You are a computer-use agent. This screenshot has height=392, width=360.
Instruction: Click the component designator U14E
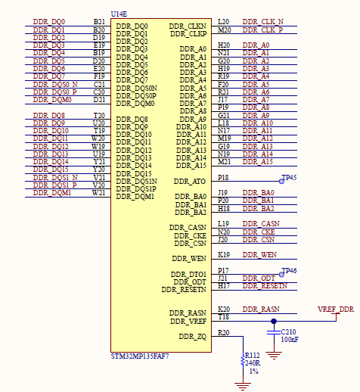click(119, 14)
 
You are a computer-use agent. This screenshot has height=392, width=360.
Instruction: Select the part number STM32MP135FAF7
click(141, 356)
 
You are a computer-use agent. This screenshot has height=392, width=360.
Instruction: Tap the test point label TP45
click(289, 177)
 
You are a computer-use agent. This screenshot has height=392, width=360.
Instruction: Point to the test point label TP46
click(289, 270)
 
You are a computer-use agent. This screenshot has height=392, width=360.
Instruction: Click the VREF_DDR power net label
click(335, 310)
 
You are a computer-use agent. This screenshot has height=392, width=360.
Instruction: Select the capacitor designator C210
click(289, 331)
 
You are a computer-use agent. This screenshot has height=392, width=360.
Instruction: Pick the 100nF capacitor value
click(289, 340)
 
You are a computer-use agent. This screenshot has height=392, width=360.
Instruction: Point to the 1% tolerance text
click(254, 372)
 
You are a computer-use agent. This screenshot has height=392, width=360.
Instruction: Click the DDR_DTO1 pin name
click(188, 274)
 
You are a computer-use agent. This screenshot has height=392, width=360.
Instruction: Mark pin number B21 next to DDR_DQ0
click(99, 22)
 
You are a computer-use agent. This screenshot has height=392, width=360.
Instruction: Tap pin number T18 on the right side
click(223, 317)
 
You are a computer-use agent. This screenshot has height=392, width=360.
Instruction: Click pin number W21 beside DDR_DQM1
click(99, 192)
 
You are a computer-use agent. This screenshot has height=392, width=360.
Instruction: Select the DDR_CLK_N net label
click(263, 22)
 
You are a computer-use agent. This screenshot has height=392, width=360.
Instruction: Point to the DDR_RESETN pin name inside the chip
click(184, 289)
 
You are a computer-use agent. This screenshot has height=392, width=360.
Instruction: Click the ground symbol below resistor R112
click(242, 384)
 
